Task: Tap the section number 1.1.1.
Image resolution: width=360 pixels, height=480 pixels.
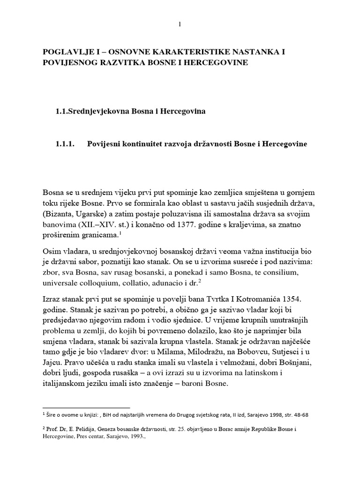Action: pyautogui.click(x=66, y=144)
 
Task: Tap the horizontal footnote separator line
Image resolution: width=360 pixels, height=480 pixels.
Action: pyautogui.click(x=86, y=408)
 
